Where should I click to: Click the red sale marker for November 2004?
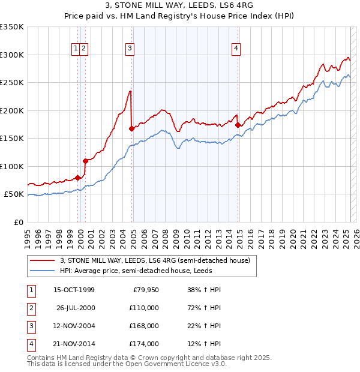[x=131, y=128]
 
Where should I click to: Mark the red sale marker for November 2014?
[x=238, y=125]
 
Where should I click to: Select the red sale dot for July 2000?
[x=86, y=161]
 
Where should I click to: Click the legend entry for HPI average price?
[x=143, y=271]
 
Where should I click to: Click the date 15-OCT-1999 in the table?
[x=74, y=290]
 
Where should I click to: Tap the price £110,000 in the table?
[x=144, y=308]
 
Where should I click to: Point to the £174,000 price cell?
[x=144, y=344]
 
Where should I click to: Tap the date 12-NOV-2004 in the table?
[x=74, y=326]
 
